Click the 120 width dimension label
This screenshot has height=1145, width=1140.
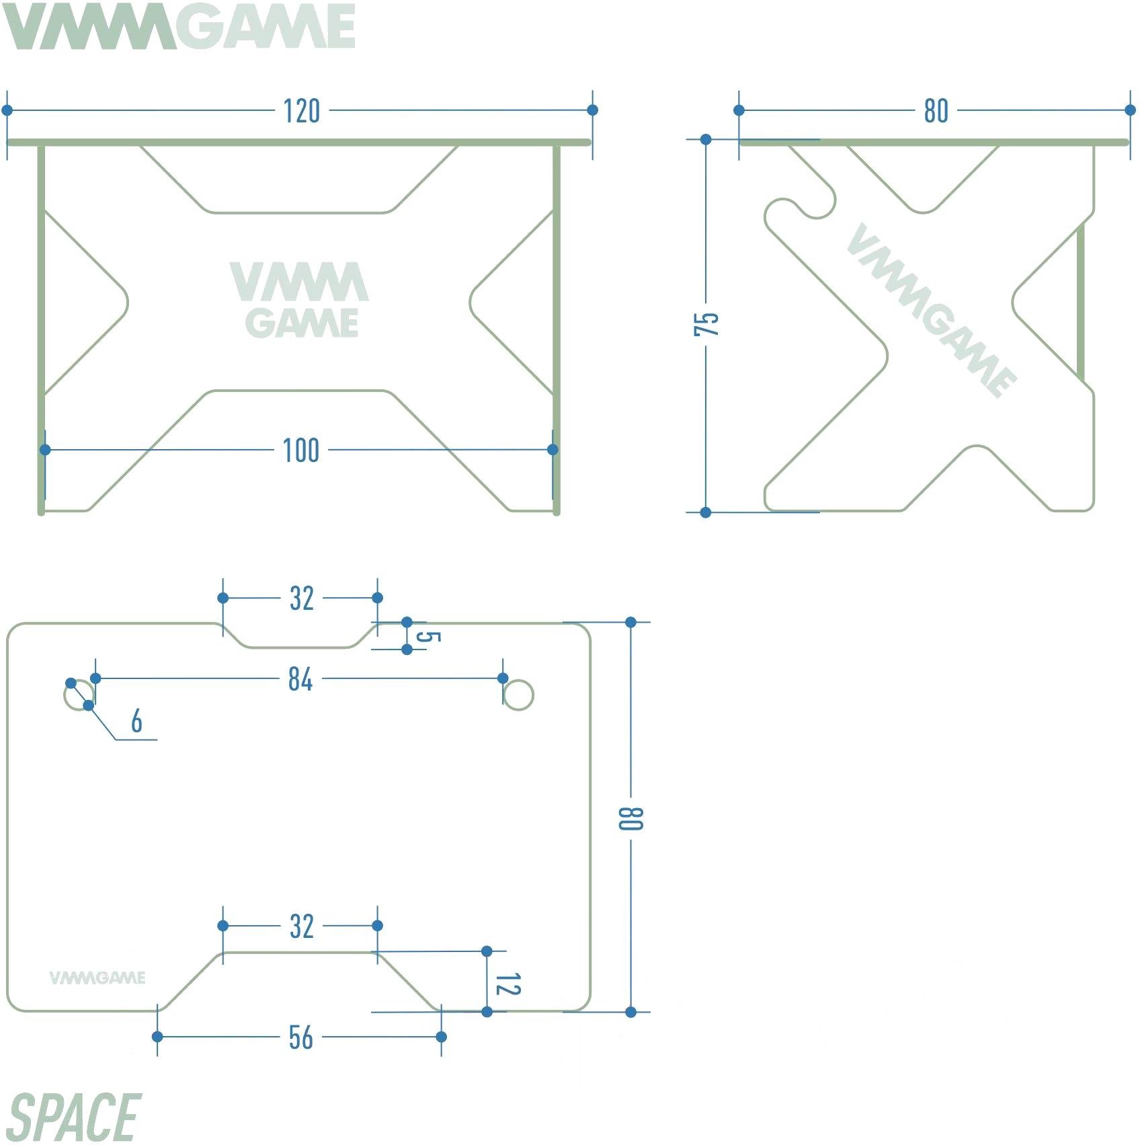pos(301,111)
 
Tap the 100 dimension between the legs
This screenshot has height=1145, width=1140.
pos(300,450)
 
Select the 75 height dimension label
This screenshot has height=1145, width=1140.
pos(706,324)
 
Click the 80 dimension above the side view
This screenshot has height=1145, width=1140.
pos(936,111)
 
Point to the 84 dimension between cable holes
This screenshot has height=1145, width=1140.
pos(300,679)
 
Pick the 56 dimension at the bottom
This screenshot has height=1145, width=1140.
pos(300,1037)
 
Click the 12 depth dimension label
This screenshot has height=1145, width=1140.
pos(507,984)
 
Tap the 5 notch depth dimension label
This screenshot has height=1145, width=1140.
pos(427,636)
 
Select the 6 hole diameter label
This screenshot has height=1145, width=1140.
pos(136,721)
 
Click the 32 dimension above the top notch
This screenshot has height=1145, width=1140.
pos(301,598)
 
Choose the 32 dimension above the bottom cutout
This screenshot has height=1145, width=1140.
pos(301,926)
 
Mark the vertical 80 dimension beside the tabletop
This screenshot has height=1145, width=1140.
pos(631,818)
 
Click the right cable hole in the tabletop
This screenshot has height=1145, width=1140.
pos(518,695)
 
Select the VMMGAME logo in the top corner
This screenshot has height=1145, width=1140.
pos(179,27)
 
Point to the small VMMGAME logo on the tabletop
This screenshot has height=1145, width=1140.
pos(97,978)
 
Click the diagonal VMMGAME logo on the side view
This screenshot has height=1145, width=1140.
pos(932,310)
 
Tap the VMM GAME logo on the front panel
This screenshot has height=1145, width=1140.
pos(300,300)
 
